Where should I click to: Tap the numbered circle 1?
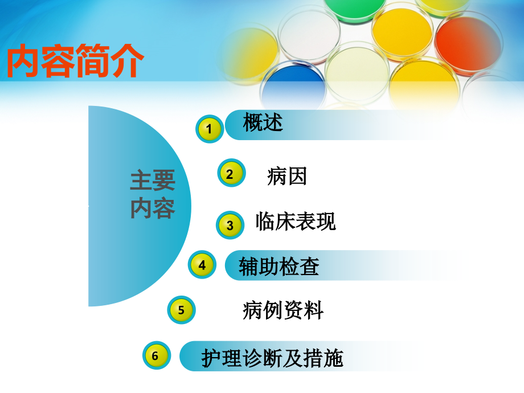[x=209, y=129]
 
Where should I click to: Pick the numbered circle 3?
[x=230, y=225]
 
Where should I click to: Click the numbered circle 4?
[x=202, y=264]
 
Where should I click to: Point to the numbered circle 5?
[x=181, y=310]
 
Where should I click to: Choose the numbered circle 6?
[x=155, y=355]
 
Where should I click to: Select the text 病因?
[x=286, y=176]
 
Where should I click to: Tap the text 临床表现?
[x=296, y=222]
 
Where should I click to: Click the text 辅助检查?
[x=279, y=267]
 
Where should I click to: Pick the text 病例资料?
[x=283, y=310]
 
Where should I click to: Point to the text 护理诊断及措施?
[x=272, y=358]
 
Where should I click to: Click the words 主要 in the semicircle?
[x=152, y=182]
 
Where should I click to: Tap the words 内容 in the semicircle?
[x=152, y=208]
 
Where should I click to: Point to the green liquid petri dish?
[x=355, y=9]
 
